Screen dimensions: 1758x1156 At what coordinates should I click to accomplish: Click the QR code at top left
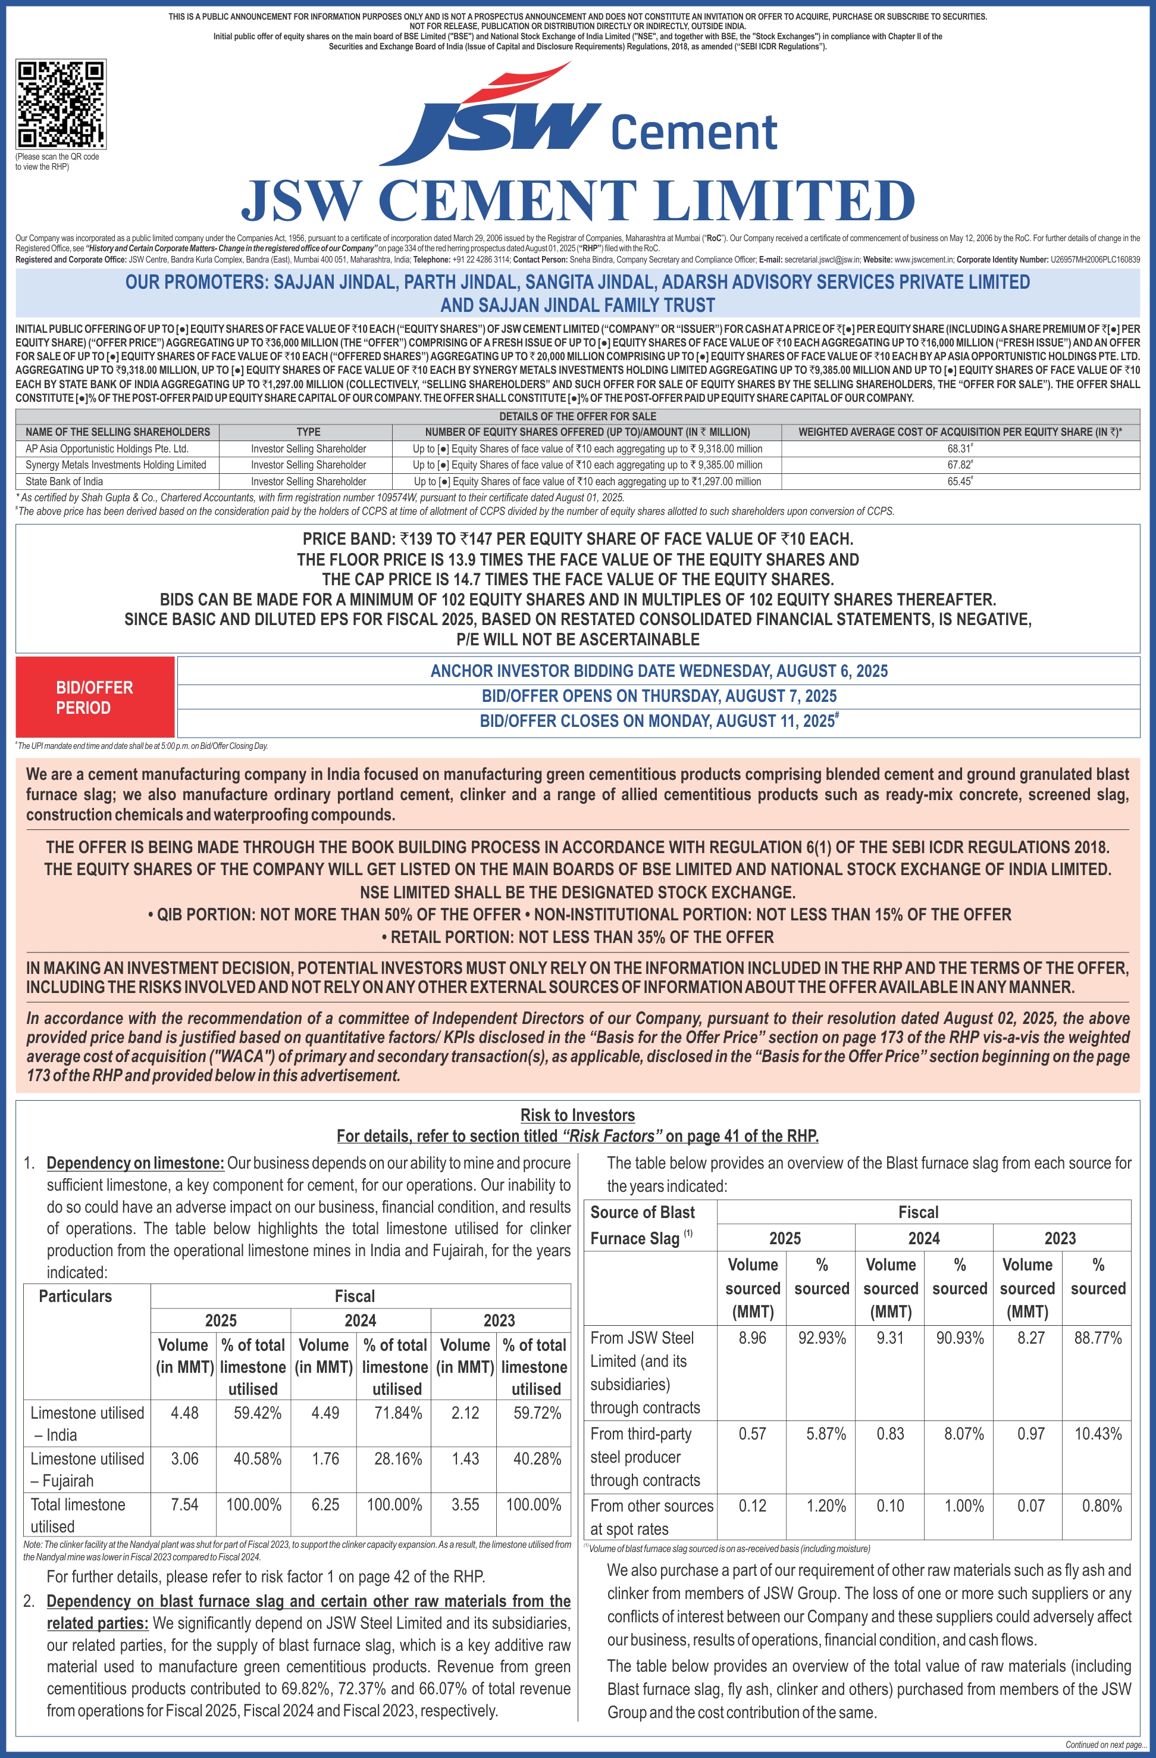click(61, 104)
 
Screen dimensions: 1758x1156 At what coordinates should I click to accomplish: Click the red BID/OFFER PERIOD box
click(95, 697)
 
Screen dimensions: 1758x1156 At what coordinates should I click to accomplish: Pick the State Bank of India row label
click(64, 482)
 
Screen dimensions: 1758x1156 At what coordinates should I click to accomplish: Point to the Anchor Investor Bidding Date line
click(659, 671)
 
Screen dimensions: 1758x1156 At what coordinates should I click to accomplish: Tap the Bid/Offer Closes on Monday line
click(659, 721)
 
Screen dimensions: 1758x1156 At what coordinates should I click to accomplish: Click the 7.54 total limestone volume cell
click(184, 1504)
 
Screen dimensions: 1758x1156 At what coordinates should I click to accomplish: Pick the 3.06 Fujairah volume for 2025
click(184, 1459)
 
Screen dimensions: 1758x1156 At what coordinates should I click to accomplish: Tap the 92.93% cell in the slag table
click(822, 1338)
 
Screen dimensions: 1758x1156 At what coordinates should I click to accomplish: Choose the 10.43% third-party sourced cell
click(1098, 1434)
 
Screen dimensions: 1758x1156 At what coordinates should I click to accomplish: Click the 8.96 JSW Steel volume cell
click(752, 1338)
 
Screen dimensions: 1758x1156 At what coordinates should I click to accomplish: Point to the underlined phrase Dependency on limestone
click(135, 1163)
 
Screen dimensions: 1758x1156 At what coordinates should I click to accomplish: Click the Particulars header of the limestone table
click(76, 1297)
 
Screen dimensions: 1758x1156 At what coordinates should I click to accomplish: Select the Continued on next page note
click(1105, 1745)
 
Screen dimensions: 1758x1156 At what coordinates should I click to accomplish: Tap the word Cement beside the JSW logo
click(694, 133)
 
